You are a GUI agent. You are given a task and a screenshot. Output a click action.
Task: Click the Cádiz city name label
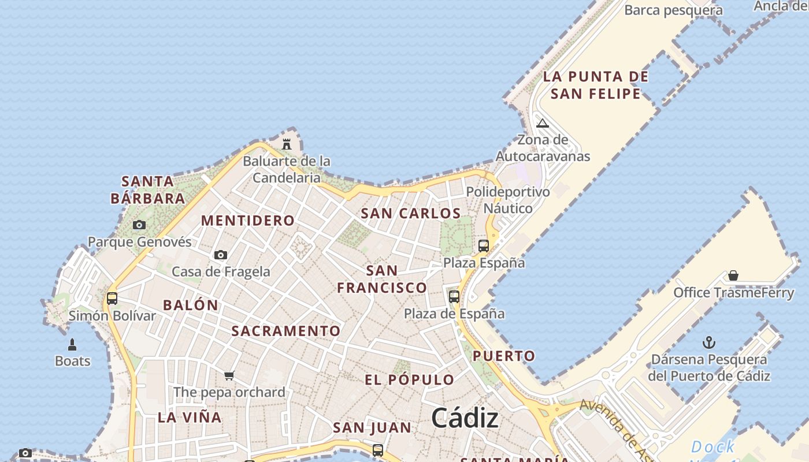465,418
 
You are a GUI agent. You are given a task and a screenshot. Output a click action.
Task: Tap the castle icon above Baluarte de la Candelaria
287,143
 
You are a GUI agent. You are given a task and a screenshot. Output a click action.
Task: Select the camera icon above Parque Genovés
139,225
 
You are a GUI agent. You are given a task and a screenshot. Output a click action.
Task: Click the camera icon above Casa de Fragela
220,255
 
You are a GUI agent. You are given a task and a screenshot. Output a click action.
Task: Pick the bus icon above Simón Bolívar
112,299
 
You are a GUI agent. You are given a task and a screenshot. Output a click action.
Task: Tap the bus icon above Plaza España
484,245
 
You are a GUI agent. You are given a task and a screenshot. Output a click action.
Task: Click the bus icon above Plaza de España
454,297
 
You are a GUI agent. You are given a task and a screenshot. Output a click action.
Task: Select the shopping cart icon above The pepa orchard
229,376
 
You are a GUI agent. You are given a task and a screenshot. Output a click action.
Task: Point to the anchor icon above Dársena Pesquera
709,342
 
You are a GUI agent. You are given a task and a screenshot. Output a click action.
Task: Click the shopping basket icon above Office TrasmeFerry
733,275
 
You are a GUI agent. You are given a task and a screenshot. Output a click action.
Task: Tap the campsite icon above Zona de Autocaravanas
542,123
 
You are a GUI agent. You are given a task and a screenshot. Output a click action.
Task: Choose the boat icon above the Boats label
72,345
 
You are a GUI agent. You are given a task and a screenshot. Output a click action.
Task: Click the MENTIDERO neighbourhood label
248,221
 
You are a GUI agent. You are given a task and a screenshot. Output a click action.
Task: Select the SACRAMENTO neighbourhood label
286,331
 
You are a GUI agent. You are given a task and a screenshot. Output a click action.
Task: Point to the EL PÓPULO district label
409,380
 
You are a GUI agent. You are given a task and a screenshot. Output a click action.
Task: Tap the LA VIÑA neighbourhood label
190,417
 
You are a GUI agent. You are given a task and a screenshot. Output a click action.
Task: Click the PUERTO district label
504,356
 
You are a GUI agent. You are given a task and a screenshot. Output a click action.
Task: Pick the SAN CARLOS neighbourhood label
410,214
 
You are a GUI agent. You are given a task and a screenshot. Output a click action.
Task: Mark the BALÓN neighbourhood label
191,305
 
